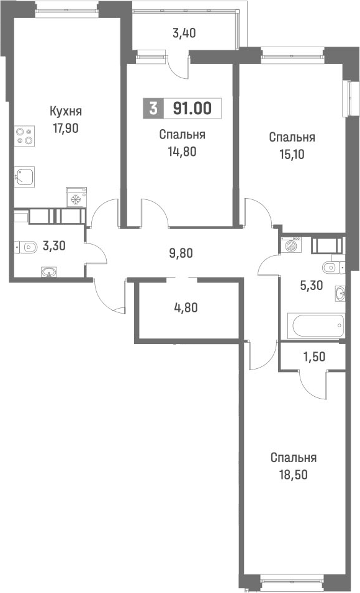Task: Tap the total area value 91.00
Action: (192, 109)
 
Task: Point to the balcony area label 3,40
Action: (184, 34)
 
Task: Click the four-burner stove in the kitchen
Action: (24, 136)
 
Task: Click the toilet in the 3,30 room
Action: (25, 247)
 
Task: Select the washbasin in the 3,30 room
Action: (48, 271)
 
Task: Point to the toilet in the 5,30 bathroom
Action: (331, 268)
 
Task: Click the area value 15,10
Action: (292, 155)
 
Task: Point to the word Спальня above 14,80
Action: (182, 134)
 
